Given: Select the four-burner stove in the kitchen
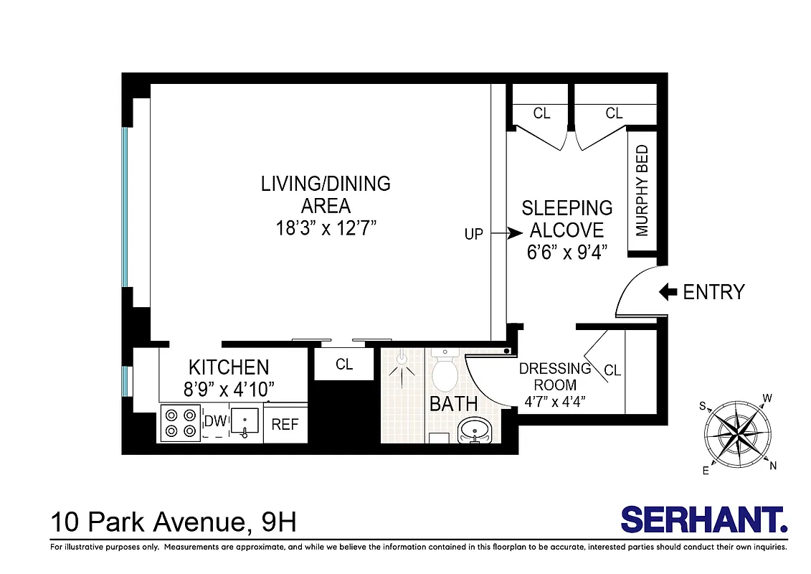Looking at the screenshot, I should tap(180, 423).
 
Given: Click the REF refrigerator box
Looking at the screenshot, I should tap(285, 424).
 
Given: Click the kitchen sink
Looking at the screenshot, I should tap(246, 422).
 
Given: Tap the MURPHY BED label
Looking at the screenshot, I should tap(642, 191).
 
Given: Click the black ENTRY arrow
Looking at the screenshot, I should tap(668, 291).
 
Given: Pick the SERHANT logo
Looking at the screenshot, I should tap(703, 519).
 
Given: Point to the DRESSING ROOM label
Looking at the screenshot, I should tap(554, 377).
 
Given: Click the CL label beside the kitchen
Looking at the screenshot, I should tap(344, 364).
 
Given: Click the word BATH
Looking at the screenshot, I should tap(453, 404).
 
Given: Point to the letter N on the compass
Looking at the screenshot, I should tap(772, 466).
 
